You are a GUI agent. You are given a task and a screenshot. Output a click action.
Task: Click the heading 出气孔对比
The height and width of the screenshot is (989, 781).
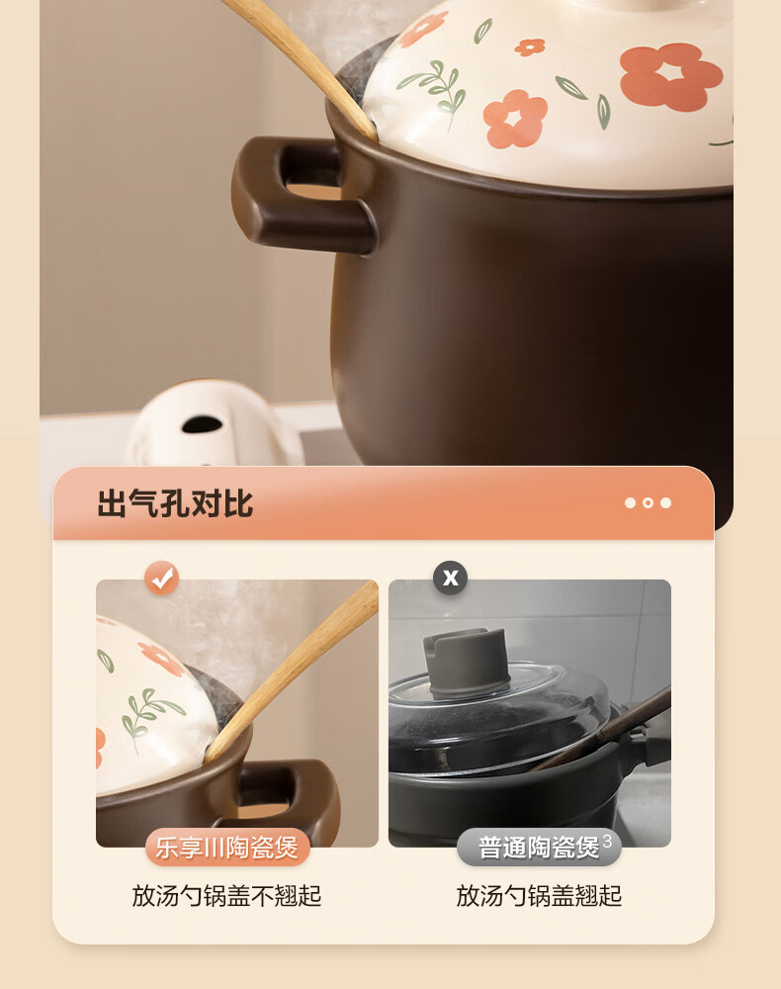tap(175, 504)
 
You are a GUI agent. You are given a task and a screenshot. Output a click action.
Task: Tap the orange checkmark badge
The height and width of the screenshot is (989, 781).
tap(162, 578)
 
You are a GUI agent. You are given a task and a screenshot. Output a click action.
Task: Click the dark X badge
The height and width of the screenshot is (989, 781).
tap(450, 578)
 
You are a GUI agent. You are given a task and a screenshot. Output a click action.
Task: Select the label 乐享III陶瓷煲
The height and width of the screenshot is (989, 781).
tap(227, 848)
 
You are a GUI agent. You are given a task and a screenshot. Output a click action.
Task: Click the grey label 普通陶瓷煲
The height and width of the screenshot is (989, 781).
tap(539, 848)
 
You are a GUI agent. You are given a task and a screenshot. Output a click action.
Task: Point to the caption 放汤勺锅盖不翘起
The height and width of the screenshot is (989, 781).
tap(227, 896)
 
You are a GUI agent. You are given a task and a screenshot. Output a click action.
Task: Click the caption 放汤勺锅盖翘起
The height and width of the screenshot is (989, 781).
tap(539, 896)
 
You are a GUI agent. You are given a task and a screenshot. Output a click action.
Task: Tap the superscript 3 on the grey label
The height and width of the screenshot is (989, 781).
tap(607, 841)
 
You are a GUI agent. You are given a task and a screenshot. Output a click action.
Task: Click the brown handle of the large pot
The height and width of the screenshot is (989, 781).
tap(303, 196)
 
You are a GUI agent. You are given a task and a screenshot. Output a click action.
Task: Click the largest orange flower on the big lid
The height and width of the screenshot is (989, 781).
tap(670, 76)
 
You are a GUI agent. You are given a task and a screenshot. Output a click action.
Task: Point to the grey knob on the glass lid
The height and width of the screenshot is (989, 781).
tap(466, 659)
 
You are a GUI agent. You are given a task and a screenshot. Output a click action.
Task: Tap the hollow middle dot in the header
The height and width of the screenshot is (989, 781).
tap(648, 502)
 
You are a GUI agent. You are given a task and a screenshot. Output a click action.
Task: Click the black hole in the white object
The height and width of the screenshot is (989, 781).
tap(202, 424)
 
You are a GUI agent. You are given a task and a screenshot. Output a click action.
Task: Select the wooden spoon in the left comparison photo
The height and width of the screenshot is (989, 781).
tap(292, 671)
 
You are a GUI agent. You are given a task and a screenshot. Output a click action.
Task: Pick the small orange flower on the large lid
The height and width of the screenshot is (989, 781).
tap(530, 47)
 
